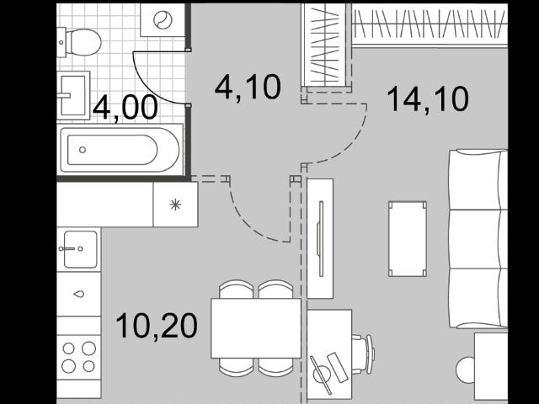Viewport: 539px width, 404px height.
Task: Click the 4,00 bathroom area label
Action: (x=125, y=108)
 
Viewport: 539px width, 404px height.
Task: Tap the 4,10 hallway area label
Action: (x=248, y=88)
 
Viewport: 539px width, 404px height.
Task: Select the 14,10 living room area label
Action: (x=428, y=99)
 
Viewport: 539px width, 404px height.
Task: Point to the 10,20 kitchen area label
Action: (x=157, y=326)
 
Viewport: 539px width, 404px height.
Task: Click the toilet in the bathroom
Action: (x=79, y=42)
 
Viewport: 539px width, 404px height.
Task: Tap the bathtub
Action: (x=120, y=150)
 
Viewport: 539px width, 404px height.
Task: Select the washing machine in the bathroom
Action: (x=163, y=20)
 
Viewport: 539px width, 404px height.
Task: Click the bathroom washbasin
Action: (x=73, y=95)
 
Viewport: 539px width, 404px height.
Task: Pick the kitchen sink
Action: (x=81, y=249)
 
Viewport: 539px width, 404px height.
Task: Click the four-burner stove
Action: (x=78, y=357)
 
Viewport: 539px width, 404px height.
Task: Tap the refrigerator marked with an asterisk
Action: (x=175, y=205)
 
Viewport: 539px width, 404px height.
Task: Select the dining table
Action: (x=256, y=328)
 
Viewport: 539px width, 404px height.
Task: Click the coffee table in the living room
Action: (x=408, y=239)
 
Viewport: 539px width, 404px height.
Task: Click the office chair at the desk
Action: (x=363, y=354)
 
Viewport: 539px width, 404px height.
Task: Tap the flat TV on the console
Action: (x=321, y=239)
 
